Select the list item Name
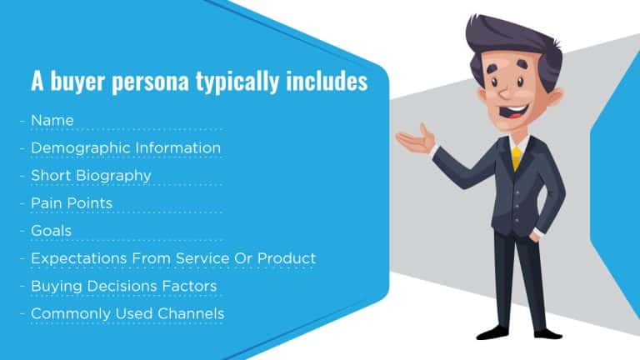coord(52,120)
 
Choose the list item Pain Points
coord(72,202)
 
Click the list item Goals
coord(51,230)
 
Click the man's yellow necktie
coord(517,157)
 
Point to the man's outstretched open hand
coord(417,140)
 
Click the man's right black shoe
coord(545,332)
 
